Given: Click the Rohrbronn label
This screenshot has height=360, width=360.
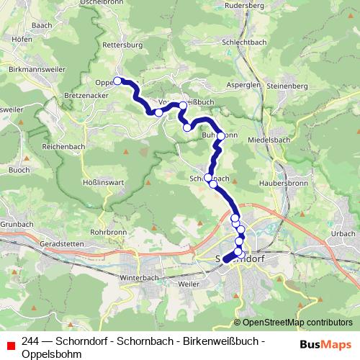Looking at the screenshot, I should coord(109,232).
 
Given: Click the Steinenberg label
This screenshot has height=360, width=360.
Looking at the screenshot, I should coord(288,86).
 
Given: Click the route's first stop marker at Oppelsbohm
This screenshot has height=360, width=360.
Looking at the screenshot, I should coord(117,81).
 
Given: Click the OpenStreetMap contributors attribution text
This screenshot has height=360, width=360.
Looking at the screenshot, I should coord(292,322).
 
